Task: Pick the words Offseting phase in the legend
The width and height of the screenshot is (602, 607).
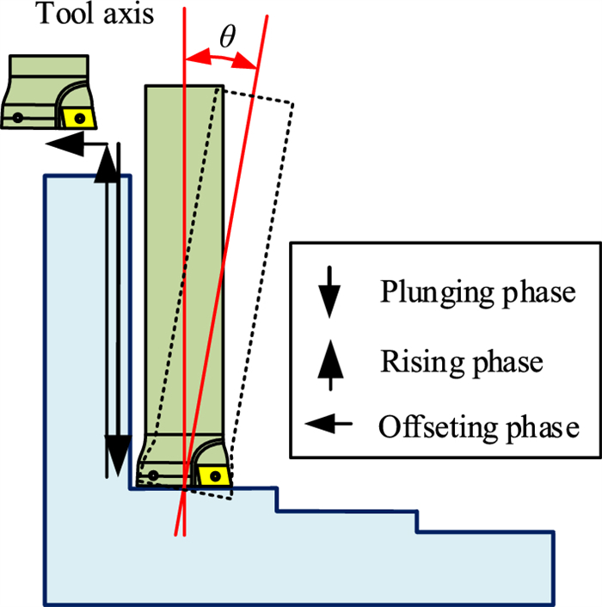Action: point(478,426)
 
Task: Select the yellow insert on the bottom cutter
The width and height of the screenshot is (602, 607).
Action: point(211,474)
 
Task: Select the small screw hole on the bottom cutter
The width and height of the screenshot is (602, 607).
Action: point(153,475)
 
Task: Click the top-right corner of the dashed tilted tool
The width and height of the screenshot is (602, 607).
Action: point(292,104)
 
